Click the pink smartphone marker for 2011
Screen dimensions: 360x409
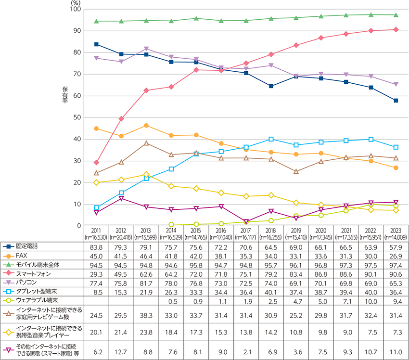coord(97,162)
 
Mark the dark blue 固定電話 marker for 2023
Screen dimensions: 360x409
coord(396,101)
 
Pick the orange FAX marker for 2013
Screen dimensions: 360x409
coord(146,126)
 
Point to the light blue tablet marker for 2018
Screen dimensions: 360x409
coord(271,139)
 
